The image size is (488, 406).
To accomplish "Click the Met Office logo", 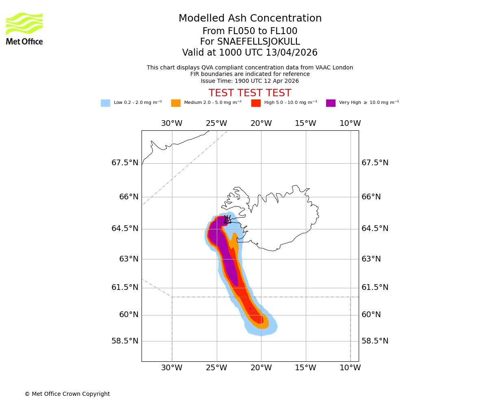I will [24, 28].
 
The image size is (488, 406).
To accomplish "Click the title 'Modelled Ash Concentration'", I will [250, 19].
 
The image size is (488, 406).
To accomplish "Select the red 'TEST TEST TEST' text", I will [250, 93].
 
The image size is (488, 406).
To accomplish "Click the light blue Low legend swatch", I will [105, 103].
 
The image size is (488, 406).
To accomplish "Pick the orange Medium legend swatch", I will [176, 103].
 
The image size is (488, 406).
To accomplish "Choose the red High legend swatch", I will [256, 103].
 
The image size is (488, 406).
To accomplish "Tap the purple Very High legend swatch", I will [331, 103].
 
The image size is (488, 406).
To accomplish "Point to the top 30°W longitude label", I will [172, 123].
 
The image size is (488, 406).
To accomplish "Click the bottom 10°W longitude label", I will [350, 368].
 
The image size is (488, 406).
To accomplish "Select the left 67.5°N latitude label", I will [125, 163].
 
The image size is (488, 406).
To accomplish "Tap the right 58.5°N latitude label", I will [375, 341].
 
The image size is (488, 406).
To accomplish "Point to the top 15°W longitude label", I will [305, 123].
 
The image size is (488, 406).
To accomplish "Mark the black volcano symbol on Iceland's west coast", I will [227, 220].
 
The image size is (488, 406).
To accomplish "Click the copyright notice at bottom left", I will [67, 394].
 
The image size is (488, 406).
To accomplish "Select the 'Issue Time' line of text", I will [250, 81].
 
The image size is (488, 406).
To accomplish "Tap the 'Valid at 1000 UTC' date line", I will [250, 53].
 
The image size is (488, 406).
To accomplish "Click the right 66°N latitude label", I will [371, 197].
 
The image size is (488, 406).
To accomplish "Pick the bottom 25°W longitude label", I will [216, 368].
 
